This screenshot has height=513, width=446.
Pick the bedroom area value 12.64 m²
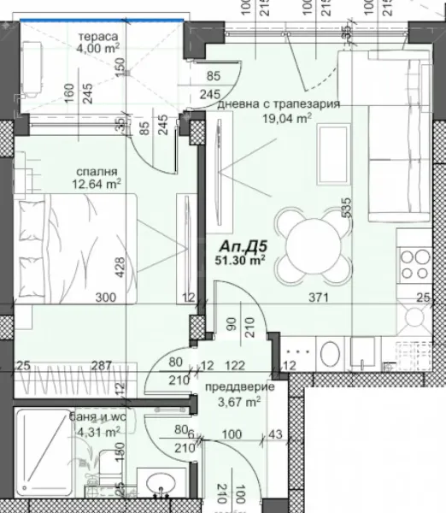[x=96, y=182]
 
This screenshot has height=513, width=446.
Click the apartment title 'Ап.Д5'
[x=239, y=248]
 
